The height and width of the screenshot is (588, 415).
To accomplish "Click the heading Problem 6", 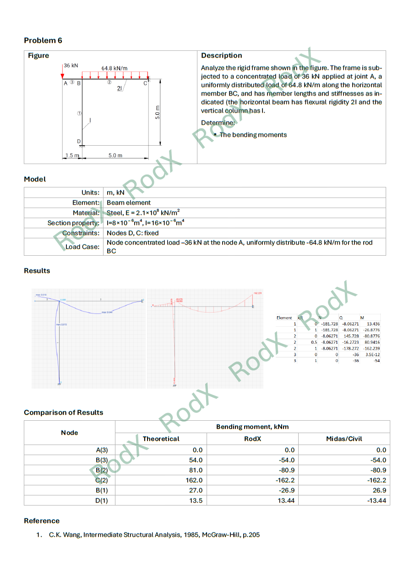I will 43,40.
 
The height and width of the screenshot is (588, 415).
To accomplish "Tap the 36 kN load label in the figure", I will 71,66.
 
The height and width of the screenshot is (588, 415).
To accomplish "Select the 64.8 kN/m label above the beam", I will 115,68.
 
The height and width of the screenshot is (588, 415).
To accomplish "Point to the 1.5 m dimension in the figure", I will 71,155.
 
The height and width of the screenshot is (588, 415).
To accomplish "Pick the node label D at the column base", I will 79,141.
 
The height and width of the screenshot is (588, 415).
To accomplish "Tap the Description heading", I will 222,55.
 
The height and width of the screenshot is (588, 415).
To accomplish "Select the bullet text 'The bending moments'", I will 253,135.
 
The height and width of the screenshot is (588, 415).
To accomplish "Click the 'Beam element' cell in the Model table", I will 129,203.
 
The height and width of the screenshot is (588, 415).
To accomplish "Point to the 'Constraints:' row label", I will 81,233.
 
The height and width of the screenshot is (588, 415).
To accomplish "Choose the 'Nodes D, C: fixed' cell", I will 133,233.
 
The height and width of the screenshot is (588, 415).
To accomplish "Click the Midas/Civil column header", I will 344,439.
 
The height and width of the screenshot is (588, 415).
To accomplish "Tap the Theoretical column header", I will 161,439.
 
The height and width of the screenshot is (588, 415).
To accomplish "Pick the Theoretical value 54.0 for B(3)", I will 196,460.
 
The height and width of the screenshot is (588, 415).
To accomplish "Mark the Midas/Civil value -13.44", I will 377,500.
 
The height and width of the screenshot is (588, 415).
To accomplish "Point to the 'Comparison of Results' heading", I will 64,412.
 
